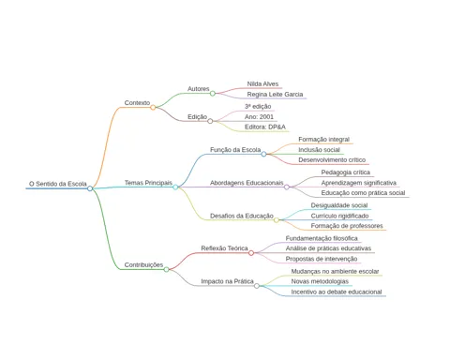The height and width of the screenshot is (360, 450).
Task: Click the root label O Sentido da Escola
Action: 58,184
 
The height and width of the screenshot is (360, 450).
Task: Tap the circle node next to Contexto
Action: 153,108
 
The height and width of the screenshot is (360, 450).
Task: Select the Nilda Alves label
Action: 262,83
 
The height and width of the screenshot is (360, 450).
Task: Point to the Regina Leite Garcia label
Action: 275,94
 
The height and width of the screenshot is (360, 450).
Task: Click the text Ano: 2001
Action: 259,117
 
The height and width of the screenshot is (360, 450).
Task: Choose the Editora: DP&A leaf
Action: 265,127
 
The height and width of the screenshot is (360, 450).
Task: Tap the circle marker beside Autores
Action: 213,93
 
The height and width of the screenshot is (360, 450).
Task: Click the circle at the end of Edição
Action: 210,121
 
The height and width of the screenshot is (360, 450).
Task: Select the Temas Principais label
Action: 148,183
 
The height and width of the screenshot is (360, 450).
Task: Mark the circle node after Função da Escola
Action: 263,154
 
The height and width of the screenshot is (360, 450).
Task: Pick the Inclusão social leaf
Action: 319,150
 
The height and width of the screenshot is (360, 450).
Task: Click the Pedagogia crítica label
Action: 346,172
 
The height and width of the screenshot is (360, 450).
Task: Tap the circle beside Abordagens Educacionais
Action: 287,187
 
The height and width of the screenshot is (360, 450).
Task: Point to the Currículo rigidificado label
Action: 339,216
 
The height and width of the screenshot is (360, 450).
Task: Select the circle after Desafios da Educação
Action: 277,220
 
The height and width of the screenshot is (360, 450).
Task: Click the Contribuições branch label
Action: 143,264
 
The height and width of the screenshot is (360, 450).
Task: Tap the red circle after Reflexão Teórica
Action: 251,253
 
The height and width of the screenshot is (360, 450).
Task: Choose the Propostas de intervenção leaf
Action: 322,259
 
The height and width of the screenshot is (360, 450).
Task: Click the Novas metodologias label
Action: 320,281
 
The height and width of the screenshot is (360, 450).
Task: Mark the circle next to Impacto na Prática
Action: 257,286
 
